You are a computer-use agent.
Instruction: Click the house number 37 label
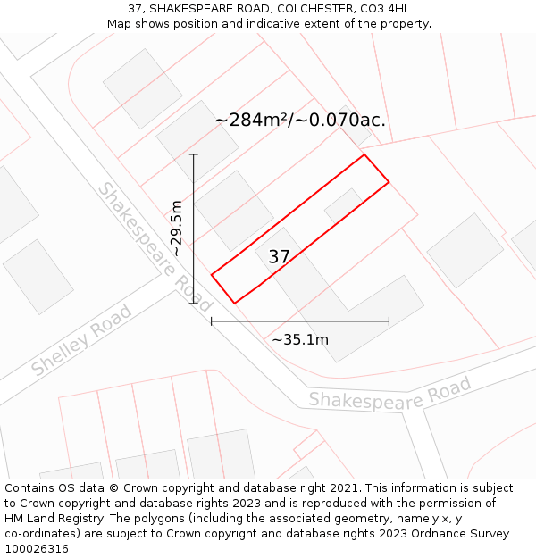tap(279, 257)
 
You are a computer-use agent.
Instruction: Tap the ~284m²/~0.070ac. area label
tap(300, 120)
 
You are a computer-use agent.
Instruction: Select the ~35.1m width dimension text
tap(300, 339)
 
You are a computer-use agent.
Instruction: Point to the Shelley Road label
tap(81, 340)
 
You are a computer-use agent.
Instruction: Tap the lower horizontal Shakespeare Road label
tap(389, 394)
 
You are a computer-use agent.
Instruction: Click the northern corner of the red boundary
tap(364, 154)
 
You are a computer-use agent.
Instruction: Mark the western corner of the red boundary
tap(212, 274)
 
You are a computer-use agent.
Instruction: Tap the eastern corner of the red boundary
tap(389, 182)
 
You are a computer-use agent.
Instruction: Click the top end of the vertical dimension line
tap(194, 154)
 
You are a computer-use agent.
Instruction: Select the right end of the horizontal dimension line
tap(389, 321)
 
